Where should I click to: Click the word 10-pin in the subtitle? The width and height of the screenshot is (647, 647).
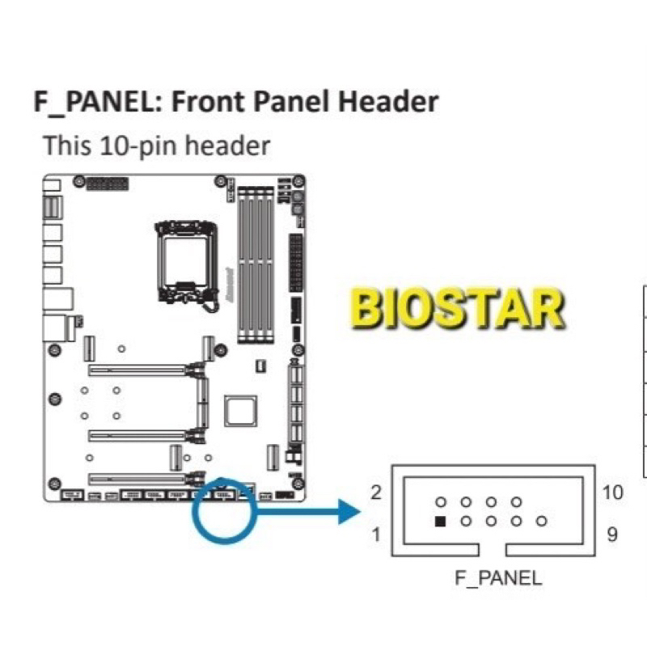[144, 146]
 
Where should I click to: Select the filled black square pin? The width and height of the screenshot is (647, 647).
[440, 522]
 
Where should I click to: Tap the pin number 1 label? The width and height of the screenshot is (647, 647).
[376, 534]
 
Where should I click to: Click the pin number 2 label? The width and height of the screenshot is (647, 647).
[376, 493]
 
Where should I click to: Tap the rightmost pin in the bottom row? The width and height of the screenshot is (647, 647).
[542, 522]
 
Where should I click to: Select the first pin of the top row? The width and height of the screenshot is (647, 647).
[440, 502]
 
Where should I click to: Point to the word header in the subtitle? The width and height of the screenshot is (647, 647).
[231, 146]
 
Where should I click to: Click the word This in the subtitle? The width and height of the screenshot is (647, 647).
[67, 146]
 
